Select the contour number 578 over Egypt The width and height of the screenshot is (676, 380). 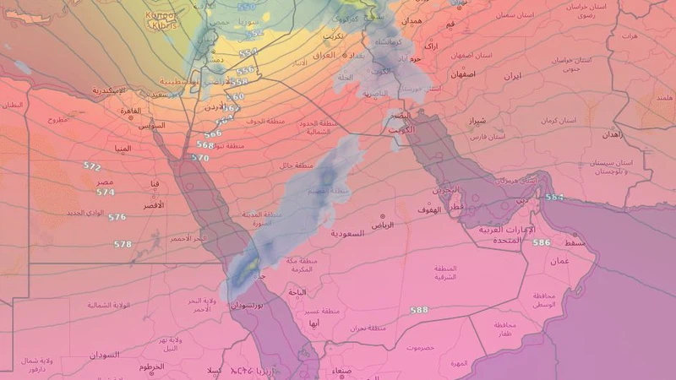click(123, 245)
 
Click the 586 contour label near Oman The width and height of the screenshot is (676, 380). click(542, 242)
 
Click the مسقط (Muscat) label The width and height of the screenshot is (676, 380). click(574, 244)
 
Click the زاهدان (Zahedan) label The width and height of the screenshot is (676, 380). click(611, 135)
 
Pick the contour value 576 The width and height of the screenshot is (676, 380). click(117, 218)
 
